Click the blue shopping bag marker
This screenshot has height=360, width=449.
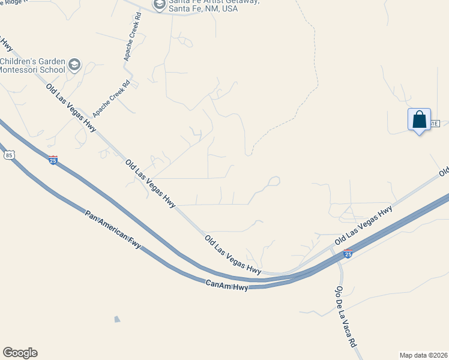[x=419, y=119]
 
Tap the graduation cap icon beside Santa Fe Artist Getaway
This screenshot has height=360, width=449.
[x=159, y=5]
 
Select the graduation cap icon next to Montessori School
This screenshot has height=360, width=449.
[x=74, y=65]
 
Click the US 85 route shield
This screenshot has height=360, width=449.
[x=8, y=155]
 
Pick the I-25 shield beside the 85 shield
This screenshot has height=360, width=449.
[x=53, y=160]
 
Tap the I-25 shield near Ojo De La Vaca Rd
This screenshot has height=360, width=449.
[x=348, y=254]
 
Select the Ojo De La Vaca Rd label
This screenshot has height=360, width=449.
[x=344, y=317]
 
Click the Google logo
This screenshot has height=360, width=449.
[x=20, y=353]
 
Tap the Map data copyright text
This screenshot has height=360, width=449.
[x=424, y=355]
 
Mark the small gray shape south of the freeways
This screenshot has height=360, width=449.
[x=117, y=319]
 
